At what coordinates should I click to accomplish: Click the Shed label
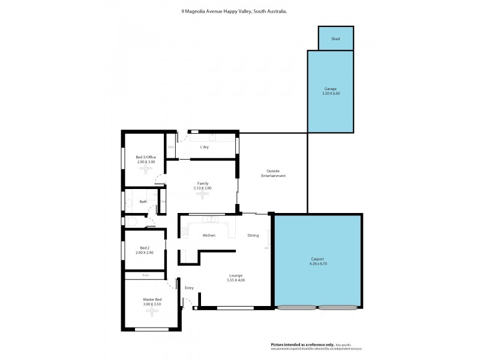335,39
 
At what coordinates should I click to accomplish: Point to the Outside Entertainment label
273,173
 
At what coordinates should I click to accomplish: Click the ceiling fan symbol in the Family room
202,195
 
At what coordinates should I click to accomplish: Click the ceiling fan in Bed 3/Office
146,169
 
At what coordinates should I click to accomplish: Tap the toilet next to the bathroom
131,223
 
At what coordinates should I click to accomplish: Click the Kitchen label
209,235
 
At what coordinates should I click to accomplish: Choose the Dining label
253,235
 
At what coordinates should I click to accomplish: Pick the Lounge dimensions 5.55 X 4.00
236,280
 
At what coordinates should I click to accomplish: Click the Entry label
189,288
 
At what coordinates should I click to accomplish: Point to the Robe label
145,275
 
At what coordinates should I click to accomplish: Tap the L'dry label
204,147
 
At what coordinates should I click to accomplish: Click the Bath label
143,202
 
